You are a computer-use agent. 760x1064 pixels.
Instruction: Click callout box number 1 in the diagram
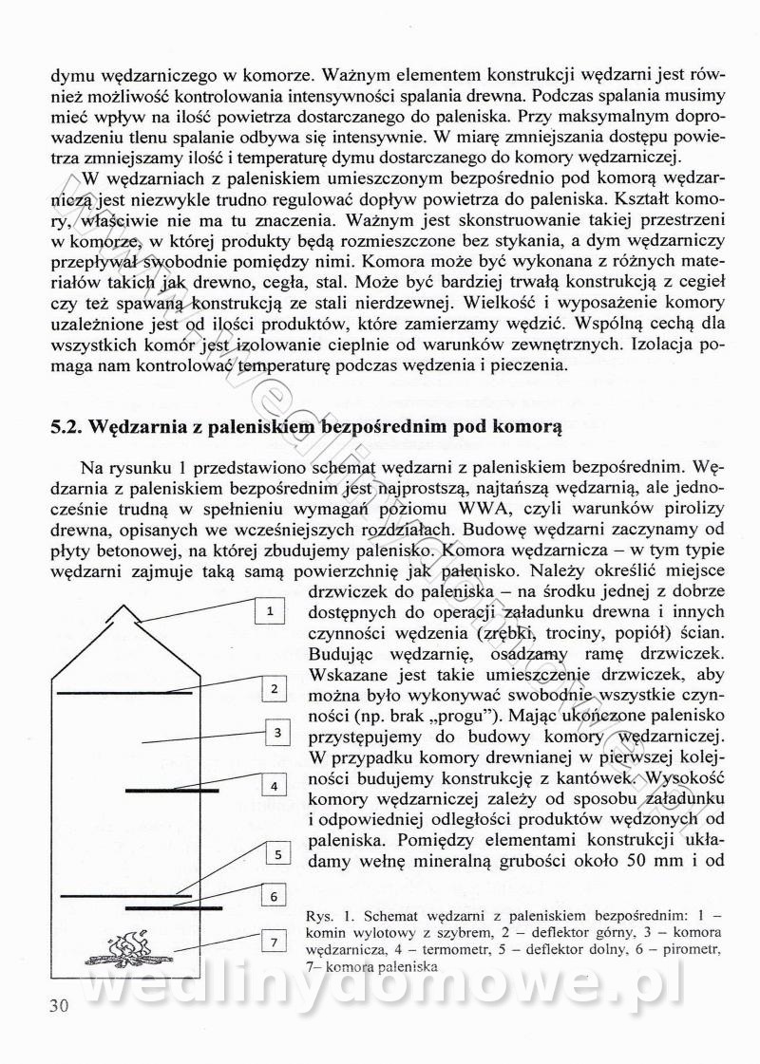270,611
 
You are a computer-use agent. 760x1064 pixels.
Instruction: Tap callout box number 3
275,732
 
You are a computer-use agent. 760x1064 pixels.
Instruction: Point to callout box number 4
273,786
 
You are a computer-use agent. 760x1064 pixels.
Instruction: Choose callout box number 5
277,855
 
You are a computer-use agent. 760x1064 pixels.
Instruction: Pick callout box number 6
273,896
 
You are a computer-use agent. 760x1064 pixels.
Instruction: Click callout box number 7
273,942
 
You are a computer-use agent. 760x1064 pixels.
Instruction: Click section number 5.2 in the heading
66,426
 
